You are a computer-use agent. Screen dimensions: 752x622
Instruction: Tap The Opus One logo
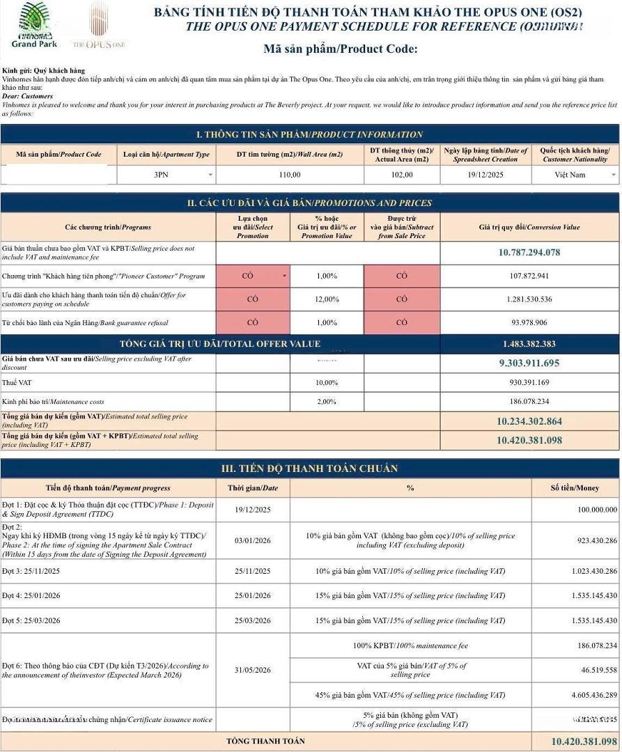click(99, 26)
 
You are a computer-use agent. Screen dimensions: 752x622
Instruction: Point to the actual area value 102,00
click(401, 175)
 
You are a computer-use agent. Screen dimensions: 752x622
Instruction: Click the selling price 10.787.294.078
click(529, 252)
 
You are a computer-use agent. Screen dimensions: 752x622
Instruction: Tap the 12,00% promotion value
click(327, 299)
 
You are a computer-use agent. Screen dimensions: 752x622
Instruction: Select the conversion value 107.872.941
click(529, 276)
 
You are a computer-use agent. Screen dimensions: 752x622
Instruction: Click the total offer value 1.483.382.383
click(529, 344)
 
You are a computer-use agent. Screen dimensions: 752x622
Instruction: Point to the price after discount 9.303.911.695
click(529, 363)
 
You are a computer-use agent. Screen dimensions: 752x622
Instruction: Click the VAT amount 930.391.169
click(529, 383)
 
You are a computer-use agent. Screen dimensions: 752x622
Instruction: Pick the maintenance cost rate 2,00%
click(327, 402)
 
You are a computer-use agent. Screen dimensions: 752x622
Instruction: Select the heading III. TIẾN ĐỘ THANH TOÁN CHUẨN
click(309, 469)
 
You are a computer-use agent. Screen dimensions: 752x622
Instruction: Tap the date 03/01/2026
click(252, 541)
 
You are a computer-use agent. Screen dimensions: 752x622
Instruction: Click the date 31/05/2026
click(252, 670)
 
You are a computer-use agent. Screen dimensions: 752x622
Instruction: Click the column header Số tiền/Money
click(575, 488)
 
